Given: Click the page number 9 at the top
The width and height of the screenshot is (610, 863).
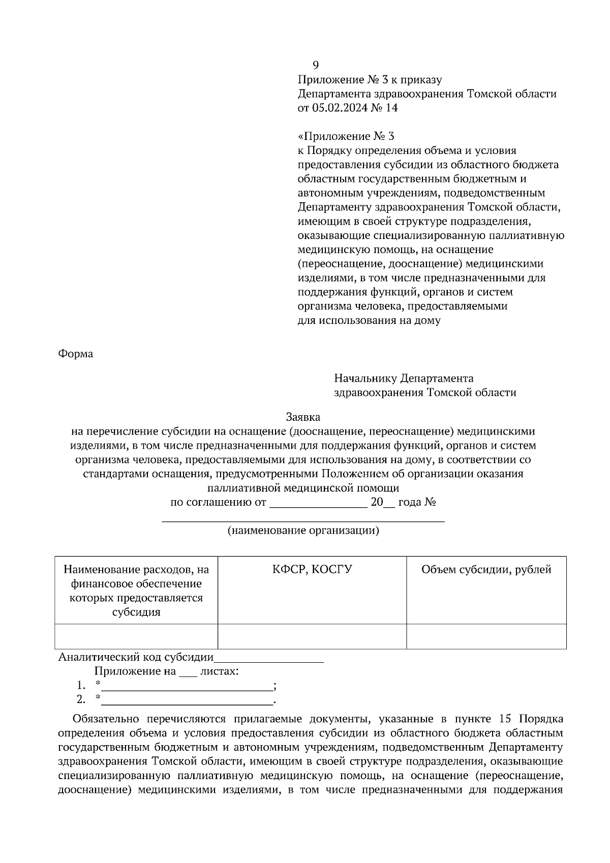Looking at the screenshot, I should click(x=315, y=65).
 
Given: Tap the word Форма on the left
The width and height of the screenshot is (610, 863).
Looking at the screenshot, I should click(x=76, y=354).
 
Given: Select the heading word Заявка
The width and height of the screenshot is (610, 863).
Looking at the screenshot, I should click(x=303, y=417).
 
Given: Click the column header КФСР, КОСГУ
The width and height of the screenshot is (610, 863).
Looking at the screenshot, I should click(x=312, y=569).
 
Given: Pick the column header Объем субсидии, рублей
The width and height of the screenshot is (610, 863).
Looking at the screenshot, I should click(x=486, y=569).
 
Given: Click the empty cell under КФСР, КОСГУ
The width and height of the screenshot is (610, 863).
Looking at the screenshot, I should click(x=312, y=636).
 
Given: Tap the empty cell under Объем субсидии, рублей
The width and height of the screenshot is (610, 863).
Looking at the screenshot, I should click(x=486, y=636).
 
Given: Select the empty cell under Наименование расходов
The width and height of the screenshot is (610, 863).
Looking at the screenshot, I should click(x=136, y=636).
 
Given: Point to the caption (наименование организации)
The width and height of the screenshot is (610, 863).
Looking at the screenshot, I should click(x=303, y=531).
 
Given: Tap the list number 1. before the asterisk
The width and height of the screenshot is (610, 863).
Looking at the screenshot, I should click(x=81, y=686).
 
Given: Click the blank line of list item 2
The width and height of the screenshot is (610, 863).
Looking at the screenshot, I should click(x=187, y=701).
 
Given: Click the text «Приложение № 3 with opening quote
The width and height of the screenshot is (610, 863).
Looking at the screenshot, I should click(x=346, y=136).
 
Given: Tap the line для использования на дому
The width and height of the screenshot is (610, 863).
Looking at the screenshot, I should click(x=369, y=321).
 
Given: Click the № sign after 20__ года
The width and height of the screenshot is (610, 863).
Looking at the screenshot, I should click(x=431, y=503).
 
